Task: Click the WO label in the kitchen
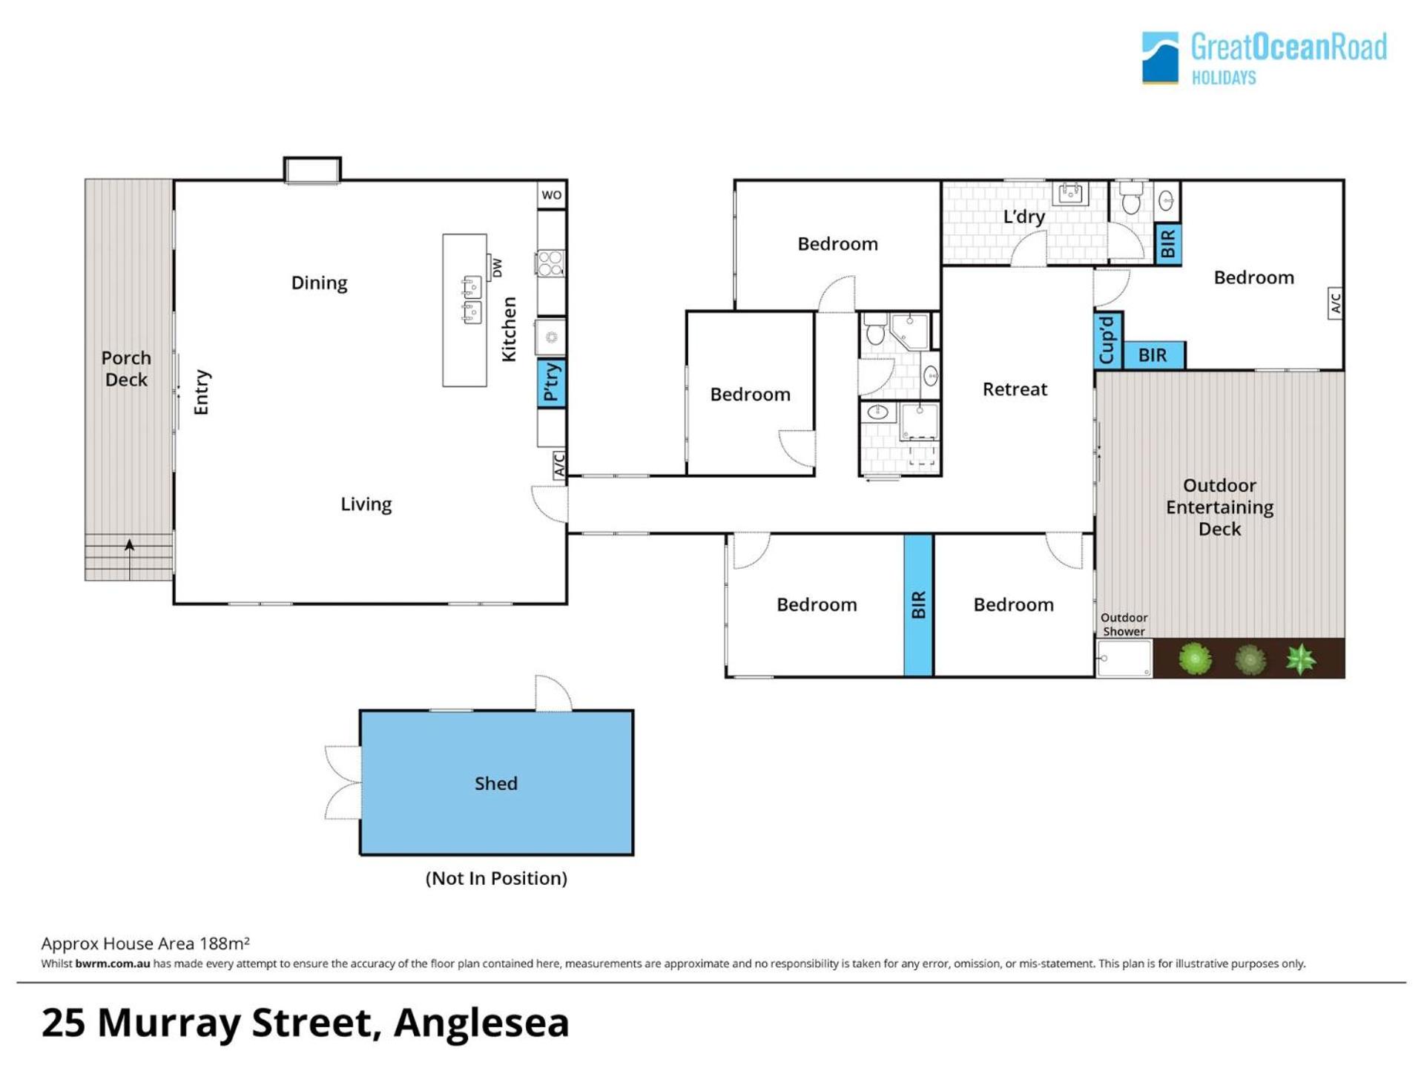pos(551,195)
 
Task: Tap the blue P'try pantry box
pos(551,383)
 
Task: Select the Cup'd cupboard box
pos(1108,340)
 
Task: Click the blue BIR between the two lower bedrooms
pos(918,605)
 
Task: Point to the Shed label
pos(496,783)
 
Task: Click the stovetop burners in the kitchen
pos(550,263)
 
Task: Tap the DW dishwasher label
pos(497,268)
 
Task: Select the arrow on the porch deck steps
pos(130,559)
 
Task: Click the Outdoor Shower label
pos(1124,624)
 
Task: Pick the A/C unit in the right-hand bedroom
pos(1335,303)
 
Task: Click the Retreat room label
pos(1015,389)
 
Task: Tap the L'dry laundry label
pos(1023,217)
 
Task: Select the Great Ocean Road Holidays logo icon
pos(1160,58)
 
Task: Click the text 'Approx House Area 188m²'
pos(145,943)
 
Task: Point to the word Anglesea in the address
pos(481,1023)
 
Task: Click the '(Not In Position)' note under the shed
pos(496,878)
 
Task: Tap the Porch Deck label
pos(126,369)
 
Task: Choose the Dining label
pos(319,283)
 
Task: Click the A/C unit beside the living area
pos(559,465)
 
